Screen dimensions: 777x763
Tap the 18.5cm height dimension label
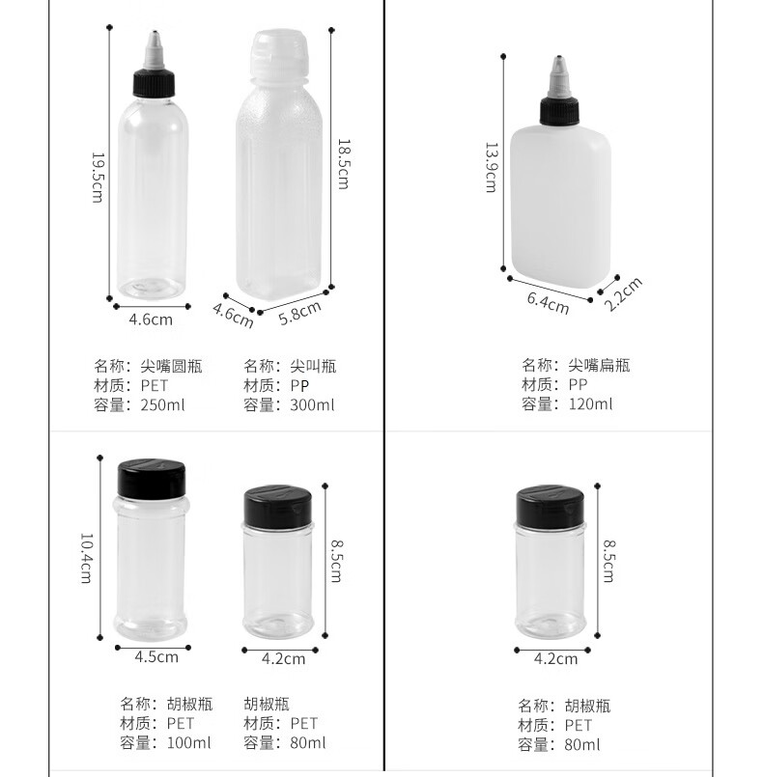(x=341, y=163)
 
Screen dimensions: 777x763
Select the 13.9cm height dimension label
(x=490, y=167)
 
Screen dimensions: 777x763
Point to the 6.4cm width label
(x=548, y=300)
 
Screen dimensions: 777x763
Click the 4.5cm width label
(x=155, y=657)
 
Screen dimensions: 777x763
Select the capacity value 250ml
(x=162, y=405)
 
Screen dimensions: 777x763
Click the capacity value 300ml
(x=312, y=405)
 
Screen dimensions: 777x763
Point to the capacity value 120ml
(x=589, y=404)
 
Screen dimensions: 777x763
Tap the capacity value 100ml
(x=188, y=743)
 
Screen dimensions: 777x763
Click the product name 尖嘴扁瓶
(x=599, y=365)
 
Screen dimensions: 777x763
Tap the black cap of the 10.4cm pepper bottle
(x=149, y=477)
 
